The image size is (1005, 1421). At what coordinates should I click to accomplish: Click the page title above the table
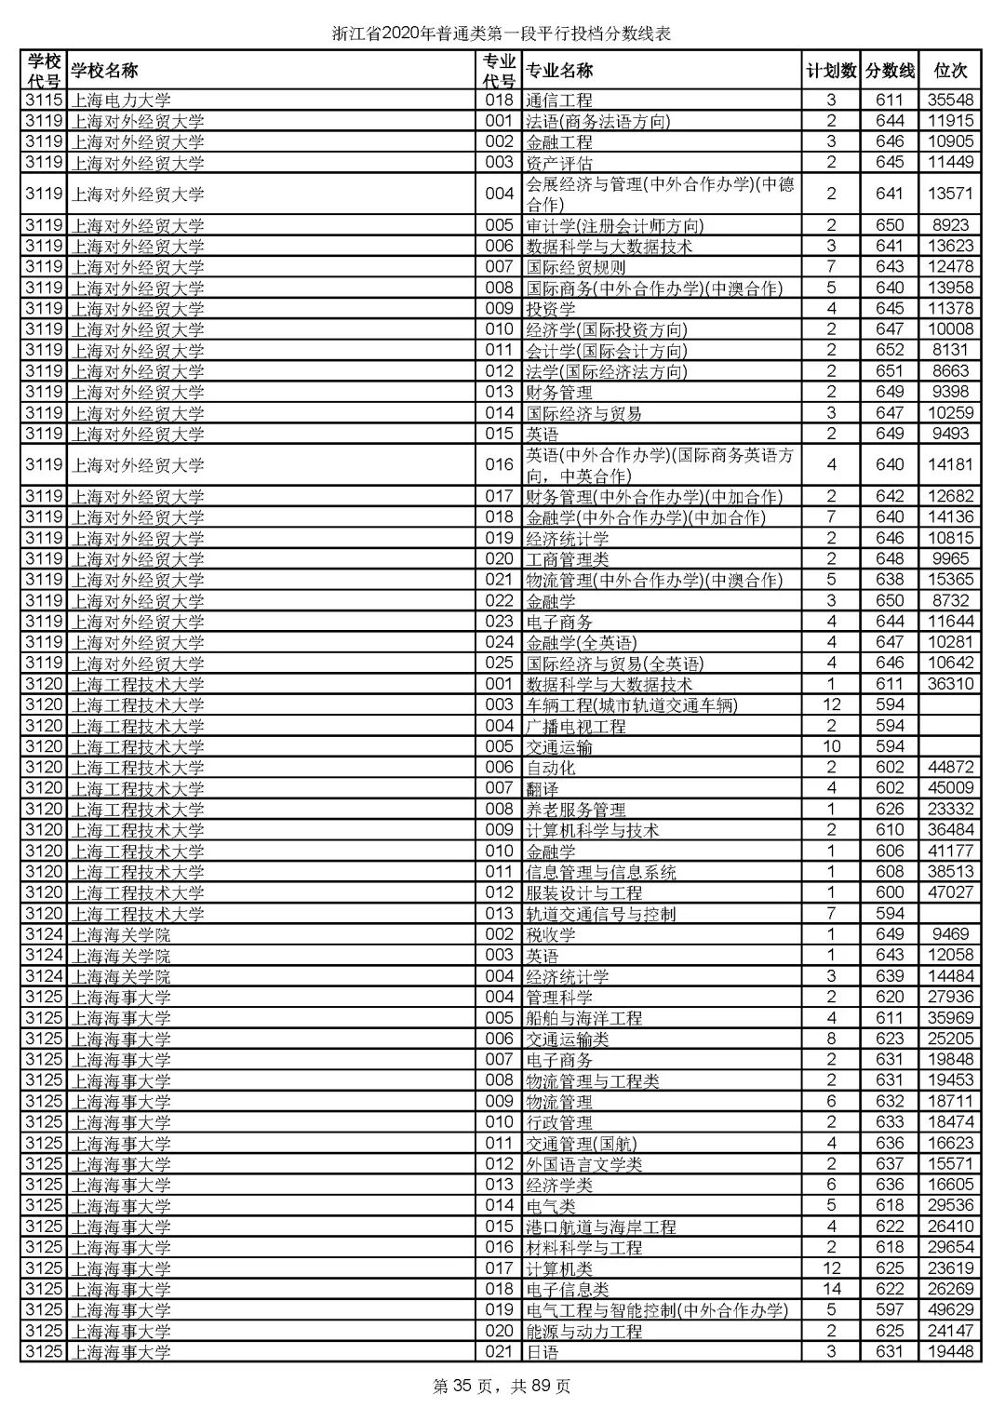click(x=502, y=34)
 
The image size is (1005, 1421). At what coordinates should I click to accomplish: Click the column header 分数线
click(x=890, y=71)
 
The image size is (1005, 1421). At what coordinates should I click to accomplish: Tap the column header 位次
click(x=950, y=71)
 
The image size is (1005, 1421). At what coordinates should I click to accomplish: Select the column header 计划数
click(x=831, y=71)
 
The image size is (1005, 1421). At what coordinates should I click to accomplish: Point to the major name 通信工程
click(x=559, y=101)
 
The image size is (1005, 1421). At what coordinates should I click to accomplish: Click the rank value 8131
click(x=950, y=350)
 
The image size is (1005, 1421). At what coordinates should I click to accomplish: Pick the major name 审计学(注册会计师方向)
click(x=615, y=225)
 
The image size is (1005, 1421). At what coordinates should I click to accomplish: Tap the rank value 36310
click(x=950, y=684)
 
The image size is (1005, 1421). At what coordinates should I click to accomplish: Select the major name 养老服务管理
click(x=576, y=810)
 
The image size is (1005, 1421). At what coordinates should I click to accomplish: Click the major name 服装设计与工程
click(x=584, y=892)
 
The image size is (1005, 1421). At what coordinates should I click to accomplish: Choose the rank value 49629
click(x=950, y=1310)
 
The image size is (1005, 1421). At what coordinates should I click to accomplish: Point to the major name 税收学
click(x=551, y=934)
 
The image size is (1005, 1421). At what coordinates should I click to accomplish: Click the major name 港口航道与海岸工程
click(x=601, y=1227)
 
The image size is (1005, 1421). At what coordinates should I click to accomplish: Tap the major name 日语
click(x=543, y=1352)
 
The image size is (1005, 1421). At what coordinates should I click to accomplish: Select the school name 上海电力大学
click(x=122, y=101)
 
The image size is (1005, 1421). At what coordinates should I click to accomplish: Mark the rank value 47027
click(x=950, y=892)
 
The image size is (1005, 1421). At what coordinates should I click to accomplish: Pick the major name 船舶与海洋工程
click(x=584, y=1018)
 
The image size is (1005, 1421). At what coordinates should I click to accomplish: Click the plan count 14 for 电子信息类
click(x=831, y=1290)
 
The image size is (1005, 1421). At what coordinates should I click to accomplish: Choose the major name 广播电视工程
click(x=576, y=726)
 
